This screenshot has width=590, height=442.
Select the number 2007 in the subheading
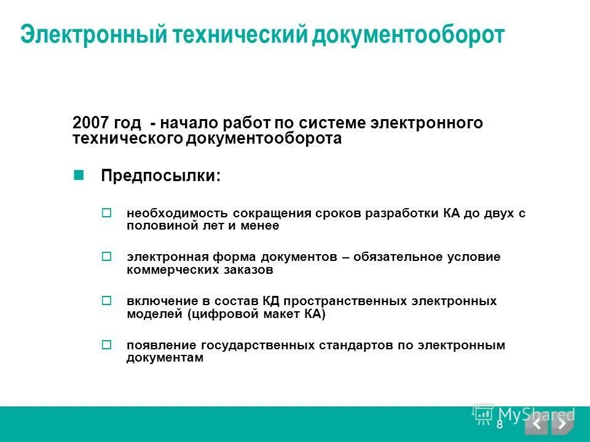tap(90, 123)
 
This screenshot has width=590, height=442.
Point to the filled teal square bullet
tap(78, 174)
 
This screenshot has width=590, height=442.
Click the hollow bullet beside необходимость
tap(106, 213)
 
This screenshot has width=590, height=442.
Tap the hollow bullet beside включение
tap(106, 301)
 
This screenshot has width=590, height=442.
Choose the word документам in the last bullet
tap(165, 358)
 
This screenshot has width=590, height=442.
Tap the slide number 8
tap(499, 424)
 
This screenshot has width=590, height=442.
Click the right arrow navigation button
tap(562, 424)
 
